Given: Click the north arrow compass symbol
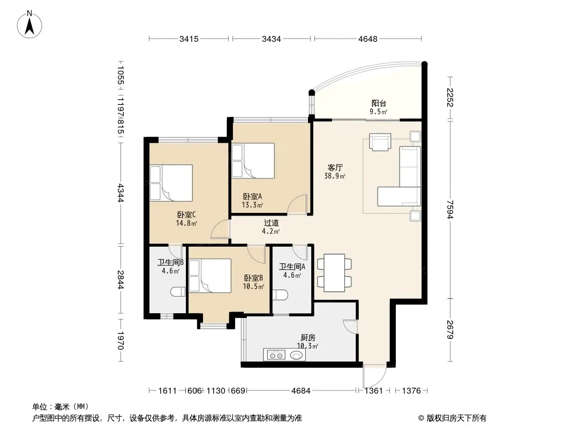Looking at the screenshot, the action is click(x=29, y=25).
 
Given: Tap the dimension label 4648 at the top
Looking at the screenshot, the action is click(x=368, y=39).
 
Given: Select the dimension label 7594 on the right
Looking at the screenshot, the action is click(x=450, y=209).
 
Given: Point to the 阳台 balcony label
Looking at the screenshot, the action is click(x=379, y=103).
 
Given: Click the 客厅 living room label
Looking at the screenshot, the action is click(x=335, y=168).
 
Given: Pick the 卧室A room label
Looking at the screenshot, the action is click(x=252, y=196).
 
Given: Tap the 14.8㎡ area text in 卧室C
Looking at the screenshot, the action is click(x=186, y=223).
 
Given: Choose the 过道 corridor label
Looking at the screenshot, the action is click(x=271, y=223).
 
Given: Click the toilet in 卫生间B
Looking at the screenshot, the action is click(x=178, y=292).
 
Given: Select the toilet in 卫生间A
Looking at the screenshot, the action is click(x=280, y=294).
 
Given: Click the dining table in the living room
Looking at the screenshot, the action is click(x=334, y=272).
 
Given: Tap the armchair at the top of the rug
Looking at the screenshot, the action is click(x=380, y=142).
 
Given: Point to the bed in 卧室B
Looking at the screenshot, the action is click(x=210, y=276).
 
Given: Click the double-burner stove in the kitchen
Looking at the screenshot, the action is click(x=276, y=355).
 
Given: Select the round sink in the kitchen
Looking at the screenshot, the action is click(x=296, y=354).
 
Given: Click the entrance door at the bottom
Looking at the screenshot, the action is click(x=374, y=376).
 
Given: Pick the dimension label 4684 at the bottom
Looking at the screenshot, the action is click(x=301, y=391).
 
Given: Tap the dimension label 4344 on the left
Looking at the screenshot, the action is click(x=121, y=193).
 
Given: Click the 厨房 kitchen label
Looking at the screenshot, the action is click(x=308, y=338).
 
